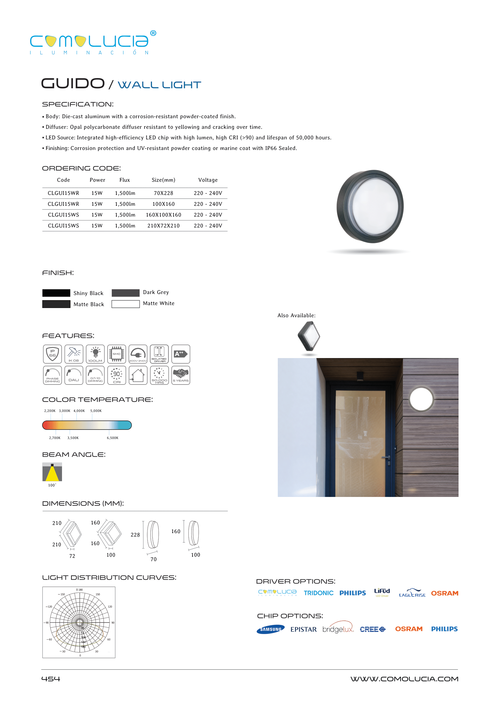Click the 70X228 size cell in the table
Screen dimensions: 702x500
point(163,193)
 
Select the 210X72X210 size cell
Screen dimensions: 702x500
point(163,226)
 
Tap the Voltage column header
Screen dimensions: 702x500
point(208,180)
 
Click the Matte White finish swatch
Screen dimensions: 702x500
point(125,304)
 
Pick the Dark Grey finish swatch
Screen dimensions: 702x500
point(125,293)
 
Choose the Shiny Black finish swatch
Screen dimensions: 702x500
point(56,293)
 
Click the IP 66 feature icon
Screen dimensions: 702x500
point(52,354)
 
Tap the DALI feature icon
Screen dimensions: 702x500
point(74,375)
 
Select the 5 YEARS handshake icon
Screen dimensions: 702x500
point(181,375)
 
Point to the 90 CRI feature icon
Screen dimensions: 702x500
point(117,375)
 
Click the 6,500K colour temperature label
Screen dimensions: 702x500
point(112,438)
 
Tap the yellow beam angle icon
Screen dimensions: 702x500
point(52,472)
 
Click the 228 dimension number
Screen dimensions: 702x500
point(135,535)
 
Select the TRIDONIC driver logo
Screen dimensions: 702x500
point(318,593)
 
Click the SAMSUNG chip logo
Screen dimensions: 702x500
point(270,629)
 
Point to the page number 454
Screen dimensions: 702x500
point(51,679)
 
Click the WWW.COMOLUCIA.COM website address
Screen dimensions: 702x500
point(404,679)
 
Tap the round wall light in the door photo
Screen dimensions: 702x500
point(421,399)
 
